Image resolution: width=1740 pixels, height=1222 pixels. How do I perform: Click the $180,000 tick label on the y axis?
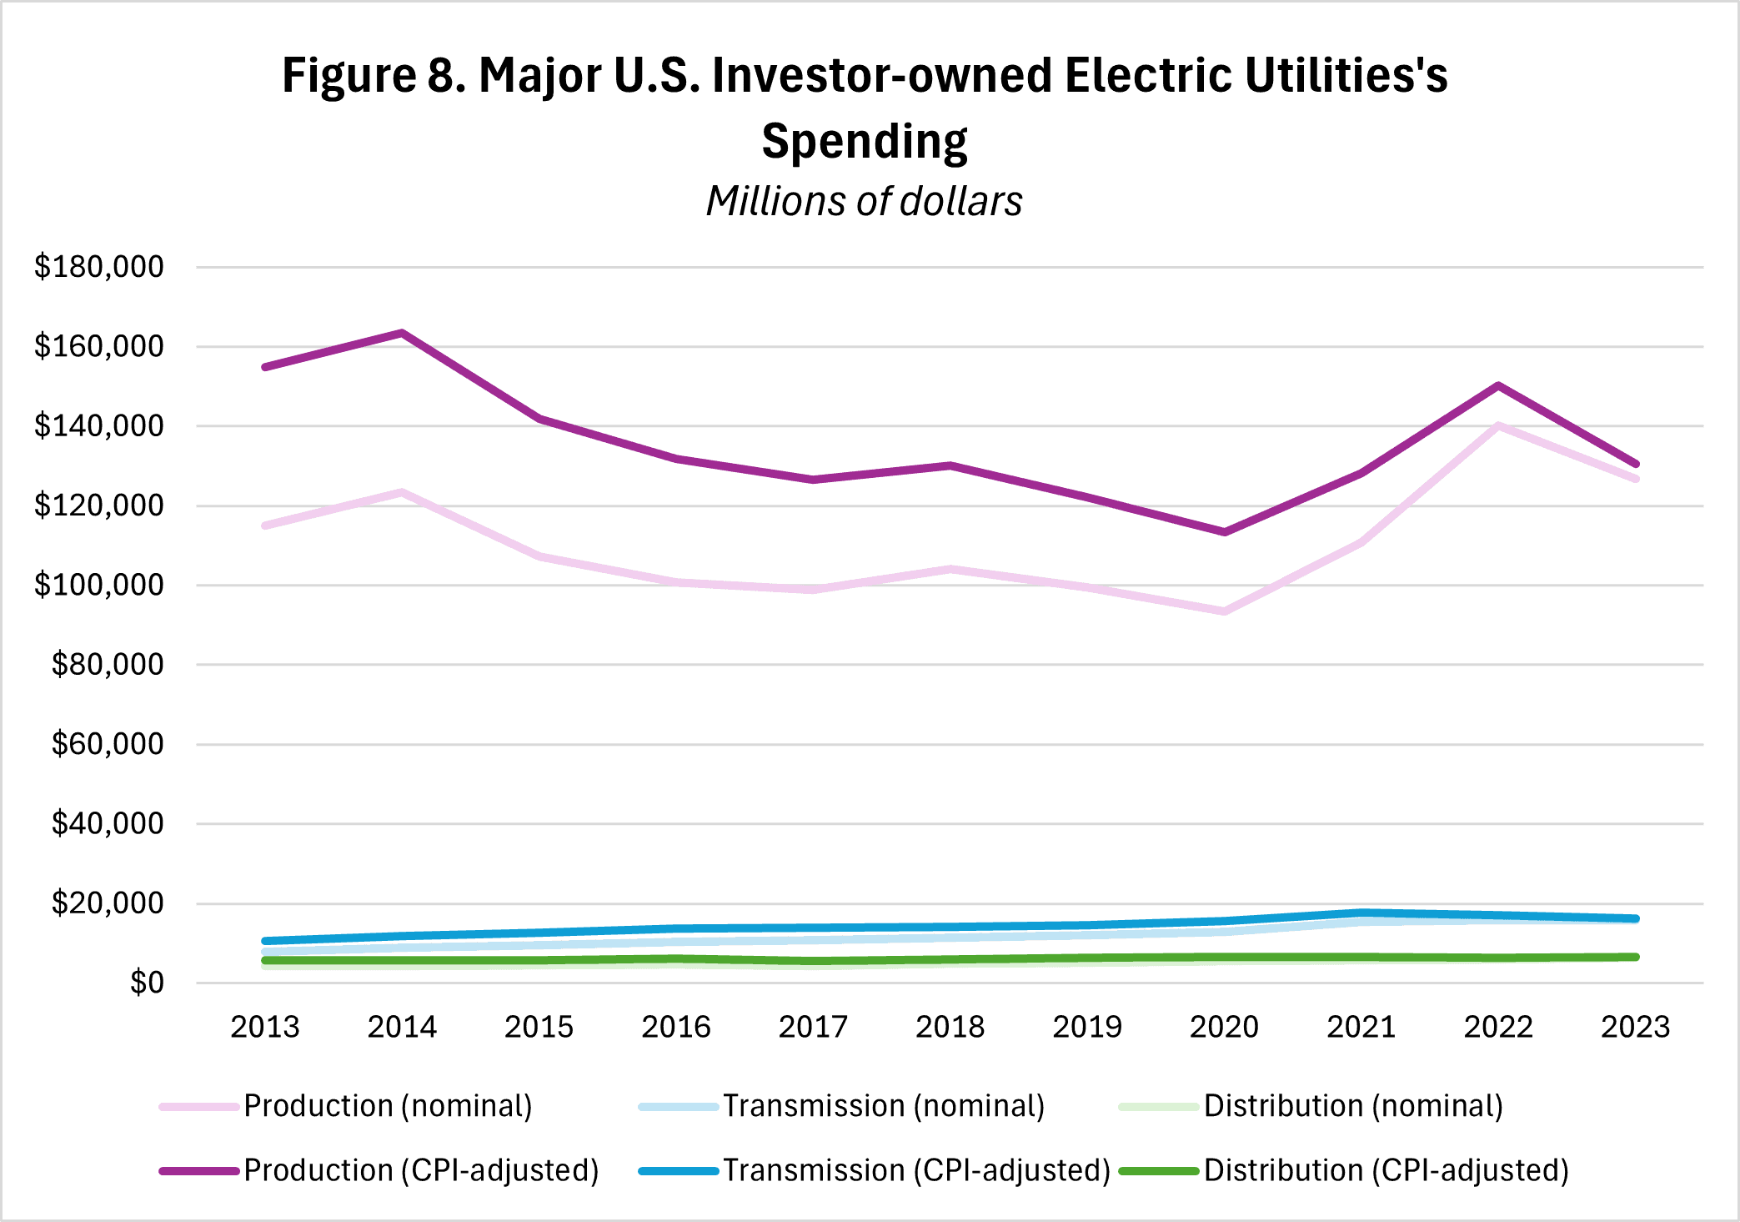[x=98, y=267]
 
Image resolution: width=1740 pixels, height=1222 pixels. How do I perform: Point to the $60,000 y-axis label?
[x=107, y=744]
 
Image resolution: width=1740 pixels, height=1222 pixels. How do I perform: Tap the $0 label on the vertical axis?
[x=147, y=983]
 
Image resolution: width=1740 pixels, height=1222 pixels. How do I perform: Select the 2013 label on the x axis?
[x=265, y=1027]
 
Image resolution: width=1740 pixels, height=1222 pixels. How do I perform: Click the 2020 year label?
[x=1224, y=1027]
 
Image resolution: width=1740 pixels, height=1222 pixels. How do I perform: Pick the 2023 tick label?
[x=1635, y=1027]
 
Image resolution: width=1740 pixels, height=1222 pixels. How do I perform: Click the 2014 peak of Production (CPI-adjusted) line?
[x=403, y=333]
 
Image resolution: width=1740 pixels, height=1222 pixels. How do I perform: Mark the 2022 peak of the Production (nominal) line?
[x=1498, y=425]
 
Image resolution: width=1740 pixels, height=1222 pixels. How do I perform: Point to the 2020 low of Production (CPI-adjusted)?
[x=1224, y=531]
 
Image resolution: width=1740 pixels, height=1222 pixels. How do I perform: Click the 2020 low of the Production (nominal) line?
[x=1224, y=611]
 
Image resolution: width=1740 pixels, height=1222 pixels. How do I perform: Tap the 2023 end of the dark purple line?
[x=1636, y=464]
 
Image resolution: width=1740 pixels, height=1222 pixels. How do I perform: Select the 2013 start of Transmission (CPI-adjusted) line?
[x=265, y=941]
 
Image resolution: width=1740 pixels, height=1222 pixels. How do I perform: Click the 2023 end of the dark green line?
[x=1636, y=957]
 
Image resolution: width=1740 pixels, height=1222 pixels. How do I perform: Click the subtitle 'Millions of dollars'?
[x=864, y=201]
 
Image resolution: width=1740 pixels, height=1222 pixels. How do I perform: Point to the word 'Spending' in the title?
[x=864, y=140]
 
